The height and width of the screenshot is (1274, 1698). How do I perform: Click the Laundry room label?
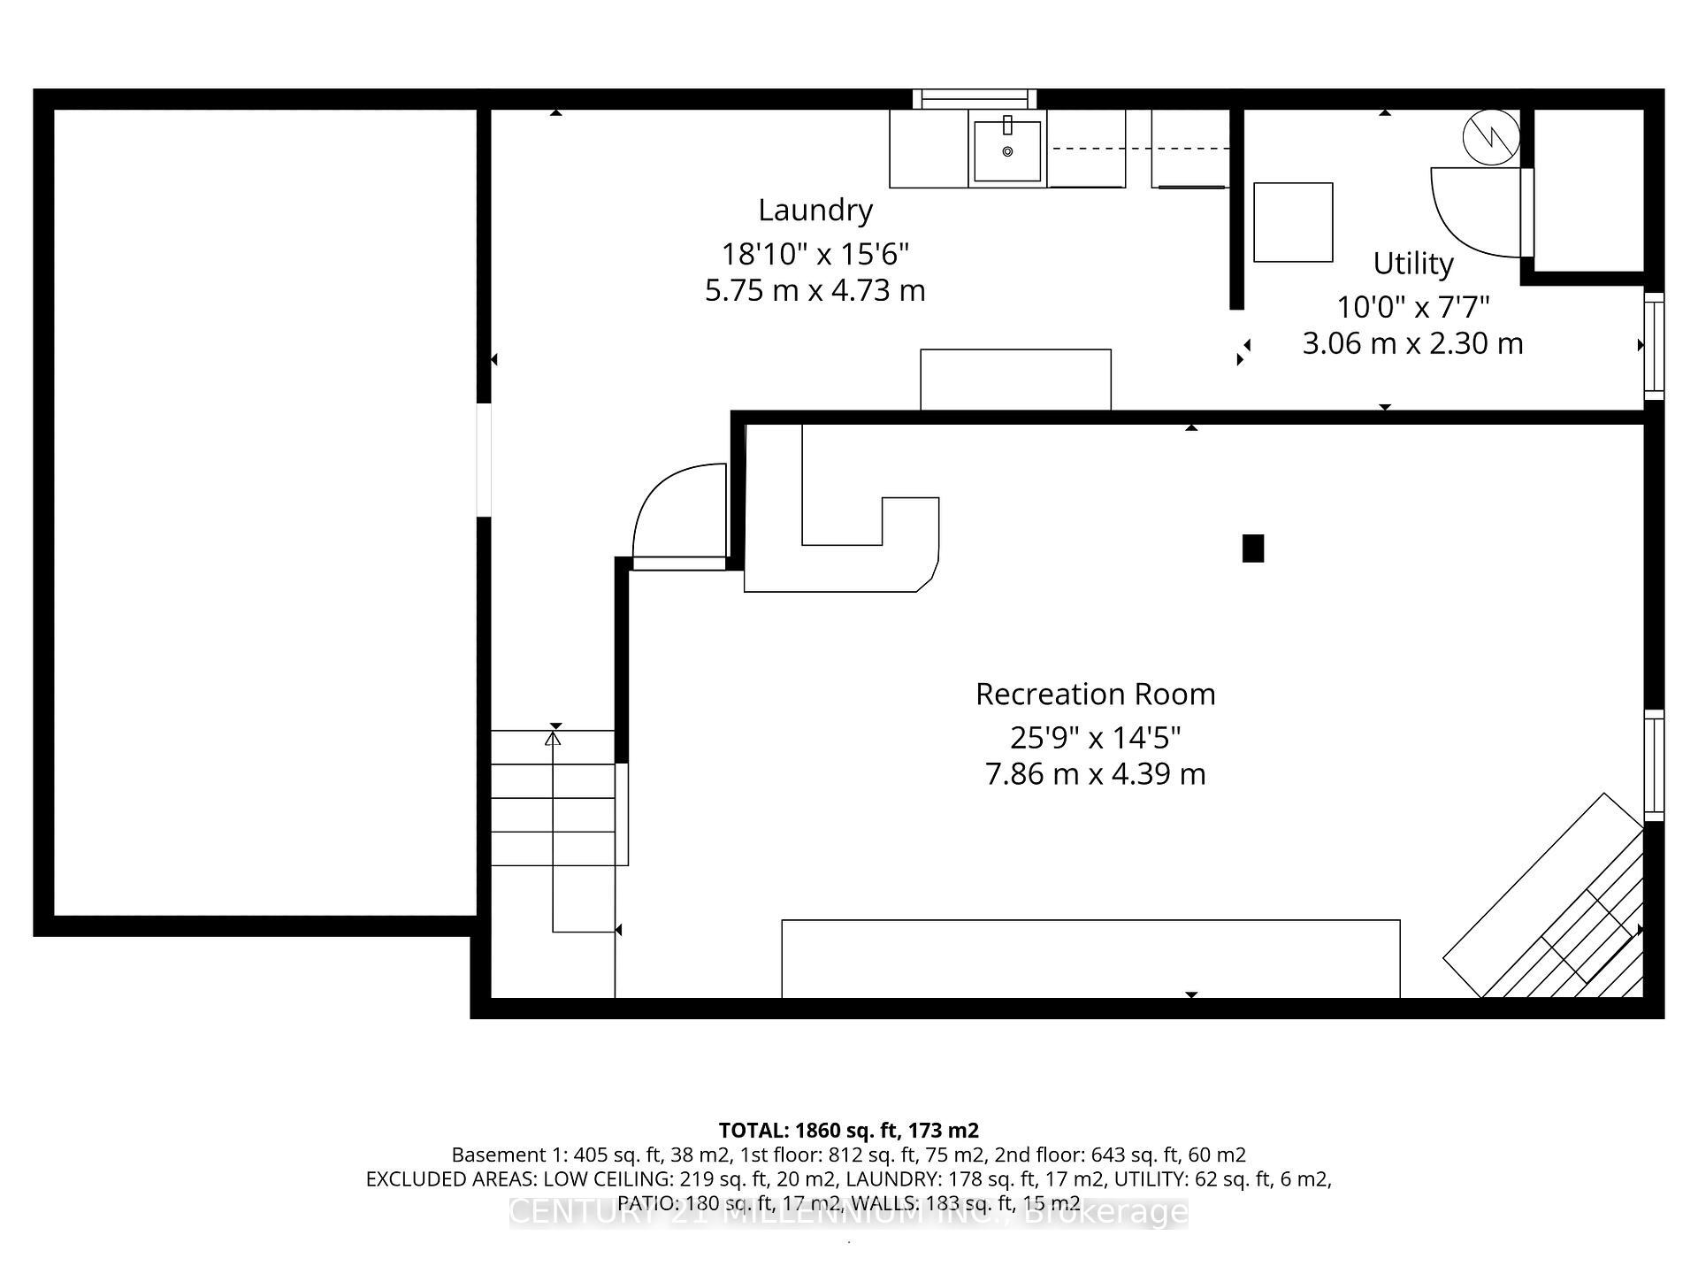(815, 211)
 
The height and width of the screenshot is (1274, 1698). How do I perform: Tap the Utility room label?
(1412, 264)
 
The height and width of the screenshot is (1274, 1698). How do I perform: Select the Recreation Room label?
(1095, 695)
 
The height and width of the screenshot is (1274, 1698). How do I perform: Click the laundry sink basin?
(1007, 151)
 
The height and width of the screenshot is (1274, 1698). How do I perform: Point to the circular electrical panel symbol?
(1491, 138)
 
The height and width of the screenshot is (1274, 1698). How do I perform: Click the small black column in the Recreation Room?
(1252, 549)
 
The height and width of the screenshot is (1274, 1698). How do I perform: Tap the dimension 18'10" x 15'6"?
(815, 255)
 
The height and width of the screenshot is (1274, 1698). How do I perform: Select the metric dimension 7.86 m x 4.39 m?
(1095, 774)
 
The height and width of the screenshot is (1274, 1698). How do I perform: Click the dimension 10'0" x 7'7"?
(1412, 308)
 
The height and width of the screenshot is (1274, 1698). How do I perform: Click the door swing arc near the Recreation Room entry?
(677, 509)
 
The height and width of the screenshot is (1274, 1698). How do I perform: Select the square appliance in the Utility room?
(1293, 222)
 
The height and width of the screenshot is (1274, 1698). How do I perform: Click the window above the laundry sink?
(974, 98)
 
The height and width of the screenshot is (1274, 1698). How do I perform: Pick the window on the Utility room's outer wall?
(1653, 345)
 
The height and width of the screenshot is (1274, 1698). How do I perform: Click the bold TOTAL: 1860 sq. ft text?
(847, 1131)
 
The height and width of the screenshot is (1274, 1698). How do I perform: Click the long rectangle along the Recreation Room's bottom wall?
(1090, 959)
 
